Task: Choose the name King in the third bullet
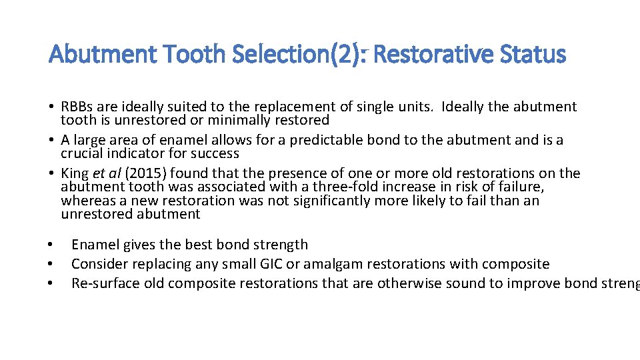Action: tap(75, 173)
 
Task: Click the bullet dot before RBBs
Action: tap(51, 107)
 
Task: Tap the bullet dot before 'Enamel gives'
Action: tap(51, 245)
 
